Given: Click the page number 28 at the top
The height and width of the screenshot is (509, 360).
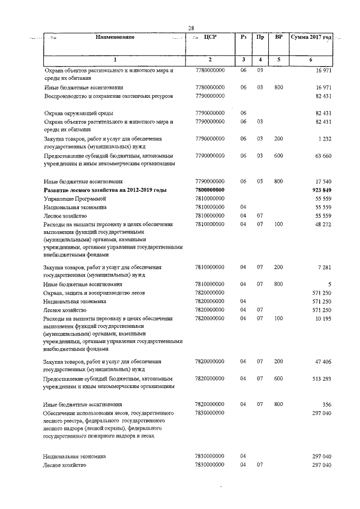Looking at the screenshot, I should tap(191, 28).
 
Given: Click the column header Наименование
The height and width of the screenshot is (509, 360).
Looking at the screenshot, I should tap(115, 37).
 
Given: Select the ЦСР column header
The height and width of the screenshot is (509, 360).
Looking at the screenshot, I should tap(209, 37).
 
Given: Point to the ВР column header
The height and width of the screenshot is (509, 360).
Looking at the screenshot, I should tap(278, 37).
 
